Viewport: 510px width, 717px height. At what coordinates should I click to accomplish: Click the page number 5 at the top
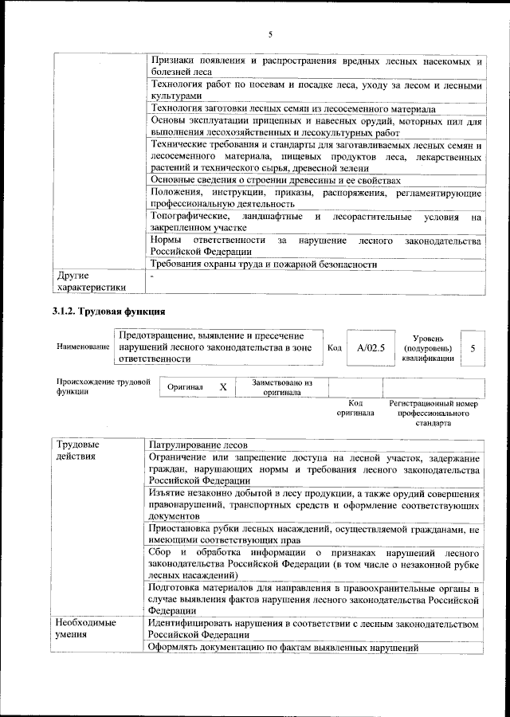click(270, 34)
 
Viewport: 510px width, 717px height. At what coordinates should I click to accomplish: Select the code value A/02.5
click(371, 348)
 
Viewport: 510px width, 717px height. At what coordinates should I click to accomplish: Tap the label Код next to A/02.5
click(335, 348)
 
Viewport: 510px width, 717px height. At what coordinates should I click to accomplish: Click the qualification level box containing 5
click(473, 348)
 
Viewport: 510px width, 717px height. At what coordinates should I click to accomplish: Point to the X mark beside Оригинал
click(223, 386)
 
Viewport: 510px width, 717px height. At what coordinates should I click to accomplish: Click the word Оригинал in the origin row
click(185, 387)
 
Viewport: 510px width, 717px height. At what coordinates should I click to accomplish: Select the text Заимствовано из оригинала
click(281, 387)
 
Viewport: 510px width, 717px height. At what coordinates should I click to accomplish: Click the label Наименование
click(83, 348)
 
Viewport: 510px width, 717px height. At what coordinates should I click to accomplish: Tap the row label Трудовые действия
click(77, 450)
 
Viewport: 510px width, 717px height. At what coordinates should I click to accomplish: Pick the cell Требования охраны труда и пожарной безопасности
click(263, 265)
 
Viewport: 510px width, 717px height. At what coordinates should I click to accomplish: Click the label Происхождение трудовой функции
click(103, 386)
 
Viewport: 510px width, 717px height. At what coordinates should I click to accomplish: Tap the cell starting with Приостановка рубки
click(314, 534)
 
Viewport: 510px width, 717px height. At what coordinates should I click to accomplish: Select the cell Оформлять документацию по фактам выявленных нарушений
click(284, 648)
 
